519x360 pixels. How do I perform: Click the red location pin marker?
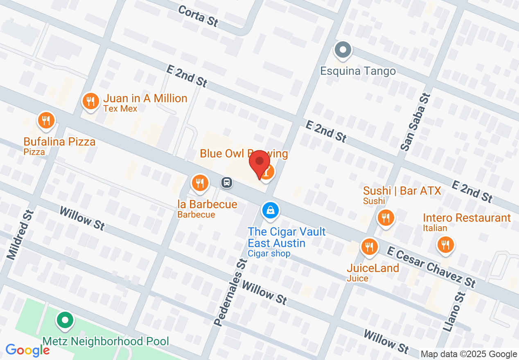[x=259, y=162]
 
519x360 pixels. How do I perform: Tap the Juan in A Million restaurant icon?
[x=90, y=101]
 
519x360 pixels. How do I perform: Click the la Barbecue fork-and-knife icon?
[x=200, y=183]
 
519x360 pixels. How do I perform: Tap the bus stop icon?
[x=226, y=182]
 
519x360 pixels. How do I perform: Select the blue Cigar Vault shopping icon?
[x=270, y=211]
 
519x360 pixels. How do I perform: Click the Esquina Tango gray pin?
[x=343, y=50]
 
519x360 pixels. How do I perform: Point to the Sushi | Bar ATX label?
[x=402, y=191]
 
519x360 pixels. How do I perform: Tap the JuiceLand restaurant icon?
[x=369, y=247]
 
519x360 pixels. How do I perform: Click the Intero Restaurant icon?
[x=446, y=245]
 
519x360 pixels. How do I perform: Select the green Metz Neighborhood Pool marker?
[x=65, y=320]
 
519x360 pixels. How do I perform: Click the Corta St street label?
[x=199, y=16]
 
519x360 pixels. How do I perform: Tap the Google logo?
[x=27, y=350]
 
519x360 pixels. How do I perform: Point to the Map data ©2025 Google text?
[x=469, y=354]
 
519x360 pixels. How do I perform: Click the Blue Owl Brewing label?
[x=244, y=154]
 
